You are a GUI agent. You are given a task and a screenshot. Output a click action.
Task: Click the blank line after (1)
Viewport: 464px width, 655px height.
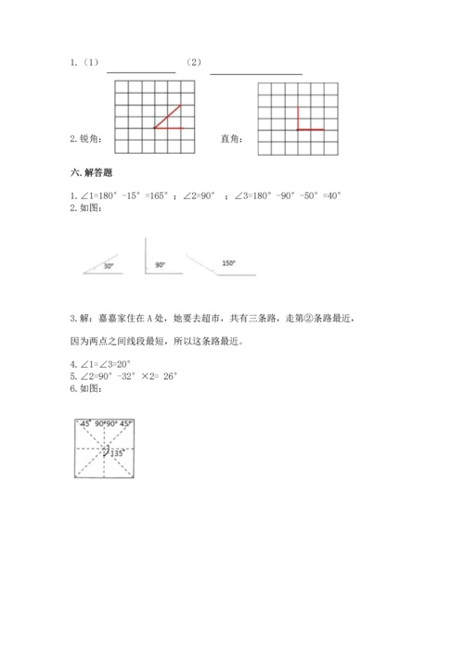click(x=141, y=70)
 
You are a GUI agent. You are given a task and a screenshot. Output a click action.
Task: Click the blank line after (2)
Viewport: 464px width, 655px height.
click(x=256, y=71)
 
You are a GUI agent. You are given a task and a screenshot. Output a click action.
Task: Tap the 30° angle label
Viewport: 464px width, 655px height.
click(x=109, y=267)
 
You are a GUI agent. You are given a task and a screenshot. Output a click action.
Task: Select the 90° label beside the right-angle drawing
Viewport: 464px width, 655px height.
click(x=160, y=265)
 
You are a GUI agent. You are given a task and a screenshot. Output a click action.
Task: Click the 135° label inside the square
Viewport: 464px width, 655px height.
click(x=118, y=454)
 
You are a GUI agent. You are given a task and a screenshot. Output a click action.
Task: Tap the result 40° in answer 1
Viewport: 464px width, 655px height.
click(x=331, y=195)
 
